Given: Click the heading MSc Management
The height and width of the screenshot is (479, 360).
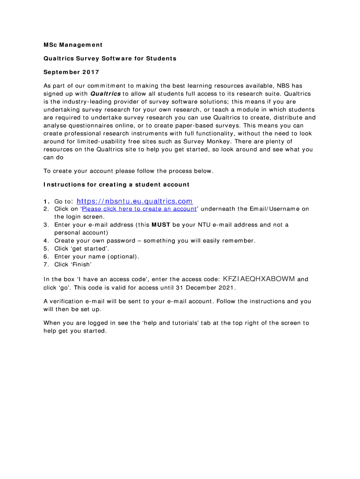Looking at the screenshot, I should (72, 45).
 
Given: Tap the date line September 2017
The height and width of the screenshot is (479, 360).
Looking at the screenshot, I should (71, 73).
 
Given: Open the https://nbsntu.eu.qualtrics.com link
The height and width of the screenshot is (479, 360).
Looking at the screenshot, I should (134, 201).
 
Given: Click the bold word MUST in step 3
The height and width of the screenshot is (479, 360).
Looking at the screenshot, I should (161, 225).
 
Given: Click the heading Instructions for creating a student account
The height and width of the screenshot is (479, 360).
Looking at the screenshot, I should (116, 184).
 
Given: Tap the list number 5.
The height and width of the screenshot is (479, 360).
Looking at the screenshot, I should (46, 248).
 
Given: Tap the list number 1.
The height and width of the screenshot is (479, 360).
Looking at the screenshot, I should (46, 202).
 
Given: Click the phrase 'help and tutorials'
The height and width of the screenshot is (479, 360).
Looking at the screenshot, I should (168, 323).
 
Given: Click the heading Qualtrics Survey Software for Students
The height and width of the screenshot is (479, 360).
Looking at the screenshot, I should (110, 58).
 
